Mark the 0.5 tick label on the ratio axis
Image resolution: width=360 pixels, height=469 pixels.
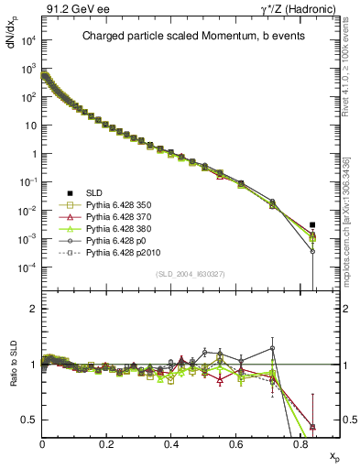(x=29, y=420)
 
